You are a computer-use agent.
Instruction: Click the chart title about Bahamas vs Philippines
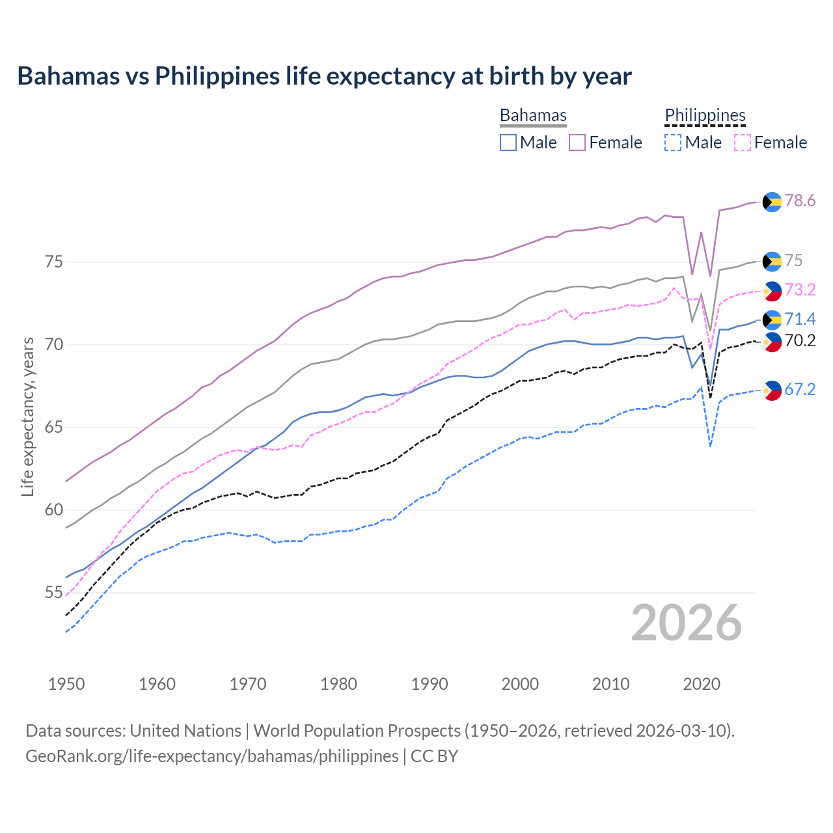click(324, 76)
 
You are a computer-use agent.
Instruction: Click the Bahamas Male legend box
click(508, 143)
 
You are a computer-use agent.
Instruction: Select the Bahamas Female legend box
click(577, 143)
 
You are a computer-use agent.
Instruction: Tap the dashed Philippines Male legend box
click(673, 143)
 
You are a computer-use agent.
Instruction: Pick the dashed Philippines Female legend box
click(743, 143)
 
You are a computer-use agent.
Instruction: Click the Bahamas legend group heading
click(533, 115)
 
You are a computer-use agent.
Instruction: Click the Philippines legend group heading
click(705, 115)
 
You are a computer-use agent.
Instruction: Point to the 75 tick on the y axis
click(54, 262)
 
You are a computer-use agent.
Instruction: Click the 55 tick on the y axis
click(54, 593)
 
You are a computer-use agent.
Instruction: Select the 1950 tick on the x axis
click(66, 684)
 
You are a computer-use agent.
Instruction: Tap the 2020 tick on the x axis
click(702, 684)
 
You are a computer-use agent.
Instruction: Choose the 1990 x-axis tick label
click(430, 684)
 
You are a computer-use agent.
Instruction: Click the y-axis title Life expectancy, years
click(27, 416)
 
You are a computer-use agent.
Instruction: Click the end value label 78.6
click(800, 200)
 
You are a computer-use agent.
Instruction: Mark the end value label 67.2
click(800, 389)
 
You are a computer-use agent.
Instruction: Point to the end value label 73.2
click(800, 290)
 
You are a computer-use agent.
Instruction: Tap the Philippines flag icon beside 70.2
click(772, 342)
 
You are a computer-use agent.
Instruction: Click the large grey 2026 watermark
click(687, 623)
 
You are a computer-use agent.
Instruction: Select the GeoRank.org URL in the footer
click(212, 756)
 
